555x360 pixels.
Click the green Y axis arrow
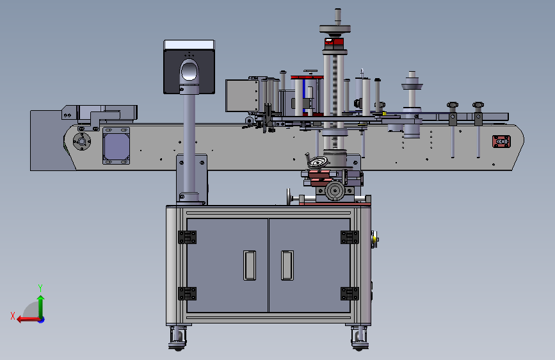click(x=41, y=307)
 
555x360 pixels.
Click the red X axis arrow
click(x=28, y=320)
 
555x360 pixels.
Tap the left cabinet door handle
click(x=250, y=265)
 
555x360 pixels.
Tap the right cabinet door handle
click(x=287, y=265)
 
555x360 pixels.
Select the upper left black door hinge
click(x=188, y=238)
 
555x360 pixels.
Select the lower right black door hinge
click(x=350, y=294)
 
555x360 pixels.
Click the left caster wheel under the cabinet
click(x=177, y=339)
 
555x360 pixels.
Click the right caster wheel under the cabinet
click(x=360, y=339)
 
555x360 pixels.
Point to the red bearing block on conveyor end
click(x=501, y=142)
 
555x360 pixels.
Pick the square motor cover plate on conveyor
click(x=116, y=146)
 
